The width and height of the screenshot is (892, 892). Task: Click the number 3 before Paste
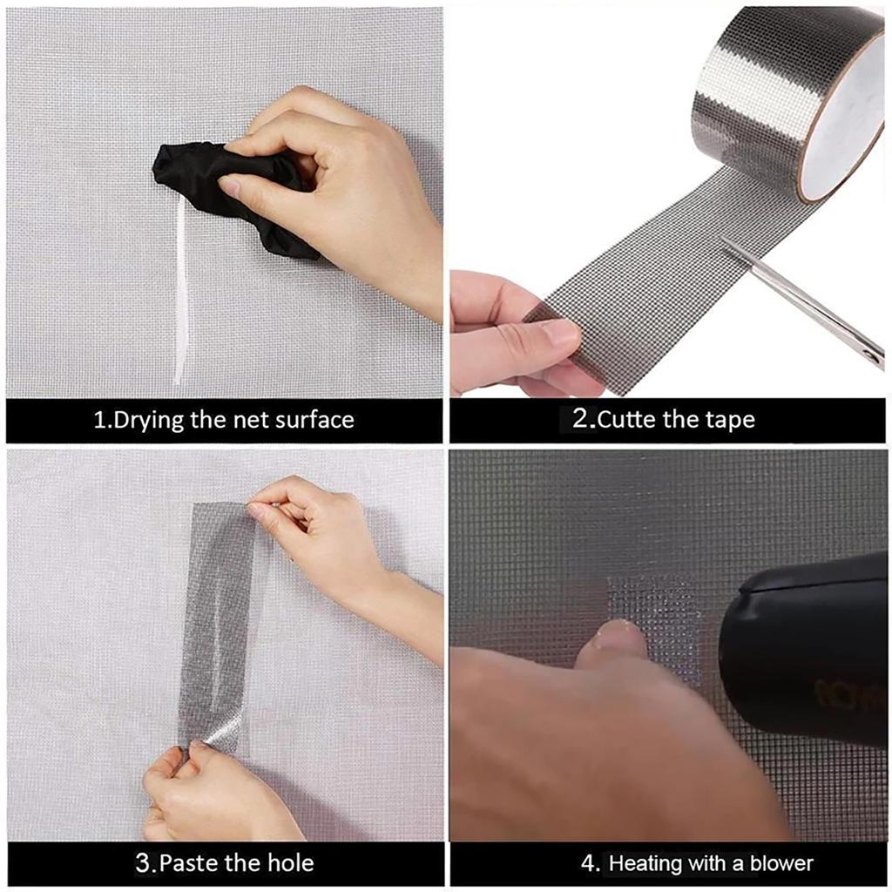coord(145,863)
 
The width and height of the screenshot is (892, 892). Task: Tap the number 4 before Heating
coord(591,863)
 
